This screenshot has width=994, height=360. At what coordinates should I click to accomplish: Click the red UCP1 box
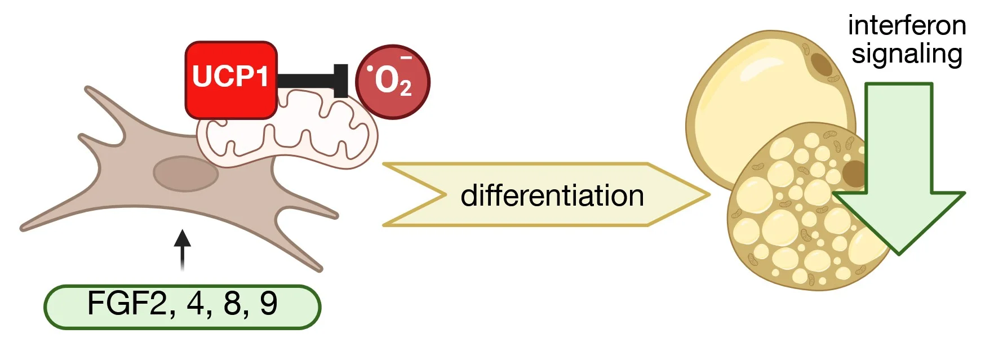pyautogui.click(x=231, y=80)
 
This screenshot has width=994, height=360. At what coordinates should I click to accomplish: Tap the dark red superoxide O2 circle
pyautogui.click(x=393, y=82)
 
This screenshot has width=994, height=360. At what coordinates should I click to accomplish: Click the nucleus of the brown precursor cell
pyautogui.click(x=186, y=174)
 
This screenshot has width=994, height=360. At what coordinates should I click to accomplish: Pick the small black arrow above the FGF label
pyautogui.click(x=182, y=250)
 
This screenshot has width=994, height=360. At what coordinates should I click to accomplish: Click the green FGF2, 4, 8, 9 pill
pyautogui.click(x=183, y=306)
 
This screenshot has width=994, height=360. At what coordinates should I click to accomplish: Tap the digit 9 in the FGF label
pyautogui.click(x=269, y=303)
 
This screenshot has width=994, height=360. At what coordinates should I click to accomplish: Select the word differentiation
pyautogui.click(x=552, y=195)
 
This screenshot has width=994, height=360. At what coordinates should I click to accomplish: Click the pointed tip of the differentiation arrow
pyautogui.click(x=709, y=195)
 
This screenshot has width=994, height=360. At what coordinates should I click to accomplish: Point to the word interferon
pyautogui.click(x=907, y=25)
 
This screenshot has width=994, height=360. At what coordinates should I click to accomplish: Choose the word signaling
pyautogui.click(x=907, y=55)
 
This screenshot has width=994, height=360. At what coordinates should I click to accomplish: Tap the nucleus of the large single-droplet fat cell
pyautogui.click(x=822, y=64)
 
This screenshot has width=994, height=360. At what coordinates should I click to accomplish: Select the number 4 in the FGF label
pyautogui.click(x=195, y=303)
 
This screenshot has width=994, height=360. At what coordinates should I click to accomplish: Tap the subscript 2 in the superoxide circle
pyautogui.click(x=406, y=89)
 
